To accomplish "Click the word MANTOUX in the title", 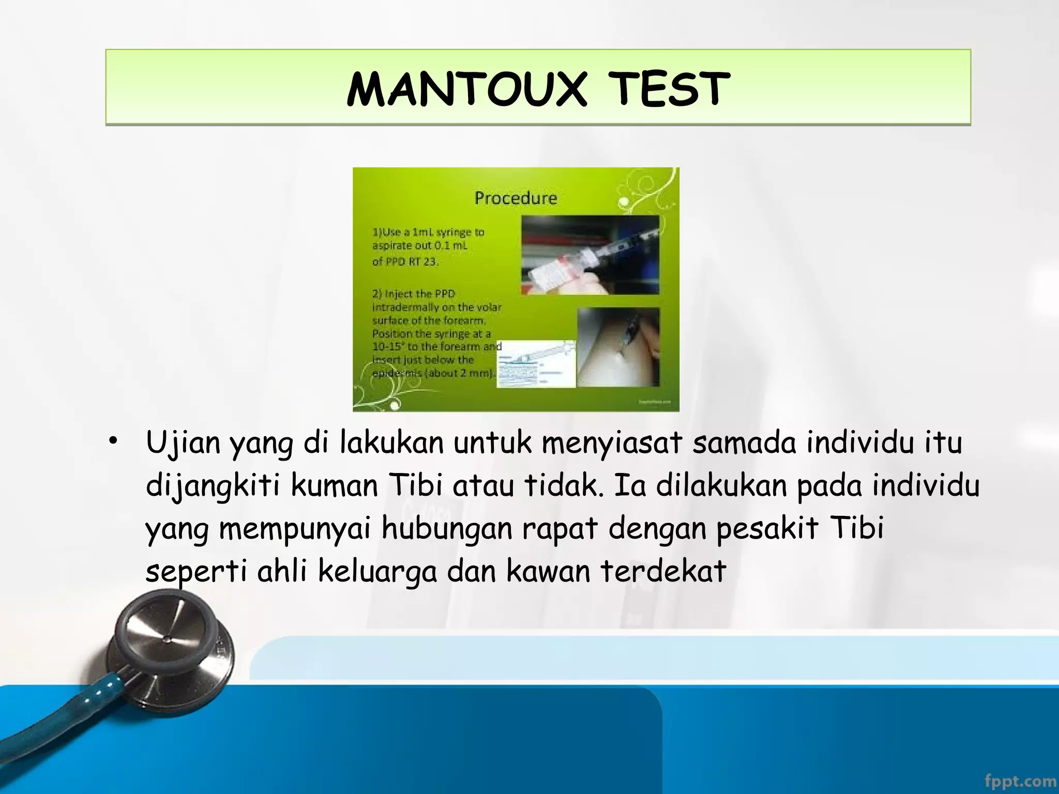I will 466,89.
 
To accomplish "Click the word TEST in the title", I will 668,89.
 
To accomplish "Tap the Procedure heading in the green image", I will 516,198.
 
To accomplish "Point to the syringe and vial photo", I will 590,255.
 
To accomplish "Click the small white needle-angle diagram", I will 536,363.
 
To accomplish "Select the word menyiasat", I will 611,444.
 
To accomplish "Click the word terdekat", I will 663,572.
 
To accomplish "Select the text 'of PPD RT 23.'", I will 405,262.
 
